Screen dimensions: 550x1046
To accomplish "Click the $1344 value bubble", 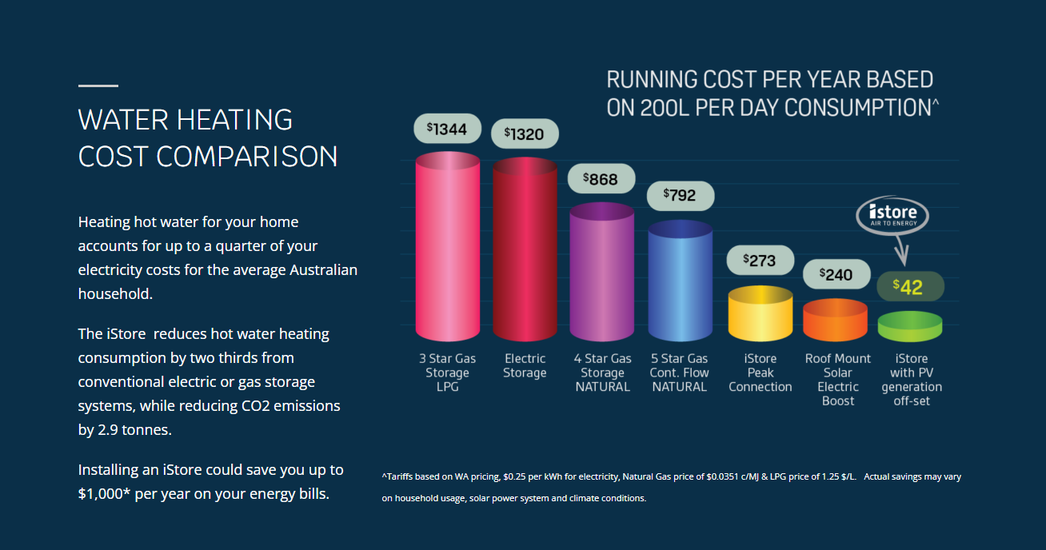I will (447, 129).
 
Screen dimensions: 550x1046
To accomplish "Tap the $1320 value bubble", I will (525, 134).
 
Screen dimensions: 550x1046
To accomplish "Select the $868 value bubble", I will (601, 179).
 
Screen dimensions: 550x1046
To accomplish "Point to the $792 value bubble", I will (680, 195).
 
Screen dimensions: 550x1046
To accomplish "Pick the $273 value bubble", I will (761, 260).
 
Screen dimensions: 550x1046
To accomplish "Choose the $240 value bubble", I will (836, 274).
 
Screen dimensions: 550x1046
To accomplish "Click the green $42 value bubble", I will (909, 287).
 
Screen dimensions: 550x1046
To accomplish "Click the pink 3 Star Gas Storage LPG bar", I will (447, 248).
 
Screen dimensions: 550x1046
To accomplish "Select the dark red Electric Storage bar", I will (525, 252).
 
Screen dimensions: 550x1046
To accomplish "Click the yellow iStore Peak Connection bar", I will (761, 313).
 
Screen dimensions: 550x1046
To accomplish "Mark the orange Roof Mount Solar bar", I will (835, 321).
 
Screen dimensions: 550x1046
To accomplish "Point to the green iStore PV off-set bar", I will (910, 327).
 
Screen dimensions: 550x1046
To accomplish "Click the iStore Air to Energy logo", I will (892, 216).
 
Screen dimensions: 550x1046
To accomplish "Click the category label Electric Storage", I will (525, 365).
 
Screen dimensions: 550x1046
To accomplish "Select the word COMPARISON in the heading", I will (247, 156).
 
